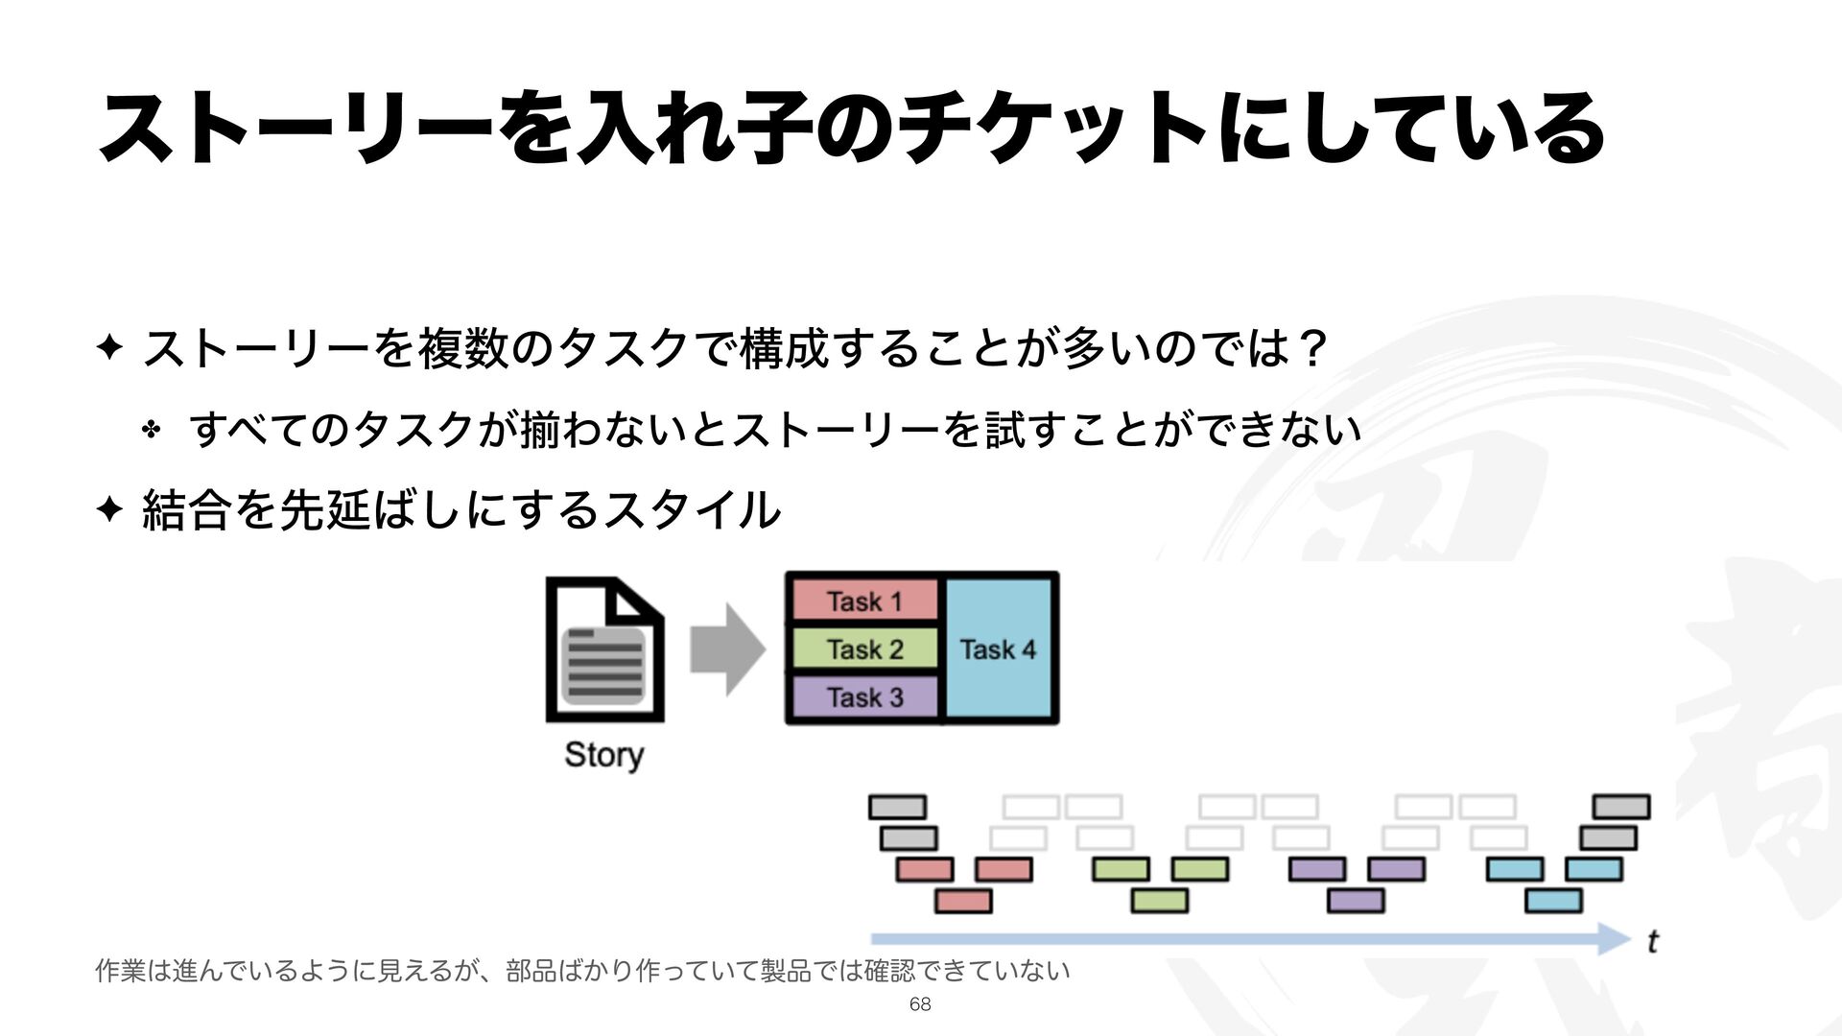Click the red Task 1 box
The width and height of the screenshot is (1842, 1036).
(863, 601)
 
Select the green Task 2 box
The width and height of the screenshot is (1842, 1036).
(863, 649)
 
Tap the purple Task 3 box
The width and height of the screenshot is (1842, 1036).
(863, 697)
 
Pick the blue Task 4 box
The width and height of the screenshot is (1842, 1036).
(1000, 649)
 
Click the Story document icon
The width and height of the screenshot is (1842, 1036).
(604, 649)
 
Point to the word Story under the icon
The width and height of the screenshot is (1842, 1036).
(603, 755)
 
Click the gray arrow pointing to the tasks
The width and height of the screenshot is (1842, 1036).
(727, 649)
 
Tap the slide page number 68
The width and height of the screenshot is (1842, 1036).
(919, 1004)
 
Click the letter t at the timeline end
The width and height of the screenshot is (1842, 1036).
(1652, 942)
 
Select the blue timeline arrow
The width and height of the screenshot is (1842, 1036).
(1247, 938)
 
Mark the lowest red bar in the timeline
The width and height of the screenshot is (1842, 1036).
(963, 901)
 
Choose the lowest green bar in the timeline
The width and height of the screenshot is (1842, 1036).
(1159, 901)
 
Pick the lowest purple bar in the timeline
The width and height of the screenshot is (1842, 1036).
(1356, 901)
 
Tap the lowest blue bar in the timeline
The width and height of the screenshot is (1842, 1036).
(1553, 901)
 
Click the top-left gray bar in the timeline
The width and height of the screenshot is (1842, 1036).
(897, 807)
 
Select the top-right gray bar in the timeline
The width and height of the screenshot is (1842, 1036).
(1621, 807)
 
